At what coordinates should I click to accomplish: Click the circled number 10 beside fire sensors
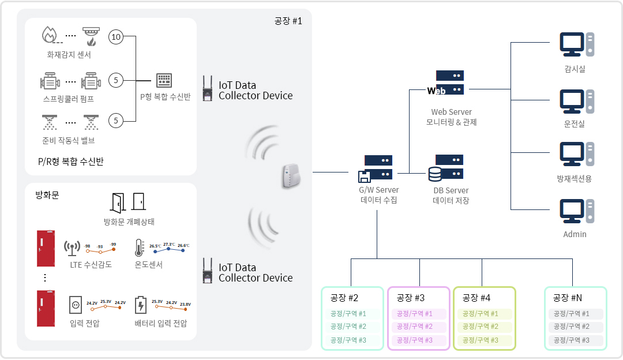pyautogui.click(x=116, y=37)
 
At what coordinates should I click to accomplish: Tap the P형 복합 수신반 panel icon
pyautogui.click(x=164, y=80)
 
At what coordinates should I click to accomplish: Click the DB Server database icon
pyautogui.click(x=446, y=167)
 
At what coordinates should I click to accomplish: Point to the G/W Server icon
pyautogui.click(x=377, y=168)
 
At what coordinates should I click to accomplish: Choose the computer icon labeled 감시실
pyautogui.click(x=576, y=44)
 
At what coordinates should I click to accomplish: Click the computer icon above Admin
pyautogui.click(x=576, y=211)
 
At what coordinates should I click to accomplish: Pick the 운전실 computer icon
pyautogui.click(x=576, y=101)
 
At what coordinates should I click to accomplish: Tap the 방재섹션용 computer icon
pyautogui.click(x=576, y=154)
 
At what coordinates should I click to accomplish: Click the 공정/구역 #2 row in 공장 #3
pyautogui.click(x=419, y=327)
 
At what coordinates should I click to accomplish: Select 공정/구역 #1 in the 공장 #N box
pyautogui.click(x=575, y=314)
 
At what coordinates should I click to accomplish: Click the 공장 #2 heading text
pyautogui.click(x=344, y=298)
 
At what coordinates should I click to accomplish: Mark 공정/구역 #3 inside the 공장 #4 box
pyautogui.click(x=485, y=340)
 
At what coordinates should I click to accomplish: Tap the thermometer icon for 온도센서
pyautogui.click(x=139, y=247)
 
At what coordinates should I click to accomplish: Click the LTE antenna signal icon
pyautogui.click(x=72, y=248)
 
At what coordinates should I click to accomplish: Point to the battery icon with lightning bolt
pyautogui.click(x=140, y=305)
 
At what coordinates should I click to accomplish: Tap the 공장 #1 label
pyautogui.click(x=288, y=21)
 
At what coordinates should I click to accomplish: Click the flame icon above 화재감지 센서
pyautogui.click(x=50, y=35)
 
